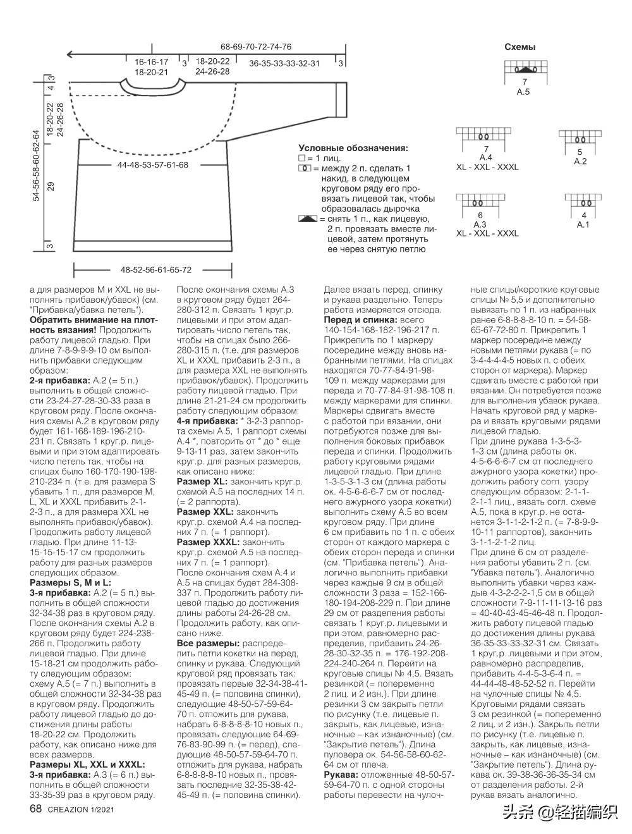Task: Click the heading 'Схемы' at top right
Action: (x=520, y=47)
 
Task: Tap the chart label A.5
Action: (x=523, y=92)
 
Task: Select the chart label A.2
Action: (x=580, y=161)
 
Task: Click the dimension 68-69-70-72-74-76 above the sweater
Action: (x=256, y=47)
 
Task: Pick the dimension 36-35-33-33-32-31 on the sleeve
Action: (x=284, y=63)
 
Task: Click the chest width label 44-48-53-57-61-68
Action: (x=153, y=165)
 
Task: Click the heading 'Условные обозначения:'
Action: (x=353, y=147)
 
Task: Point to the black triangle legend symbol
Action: (x=307, y=218)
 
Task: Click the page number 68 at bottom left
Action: (x=35, y=809)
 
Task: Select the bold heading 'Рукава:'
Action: (x=343, y=775)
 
